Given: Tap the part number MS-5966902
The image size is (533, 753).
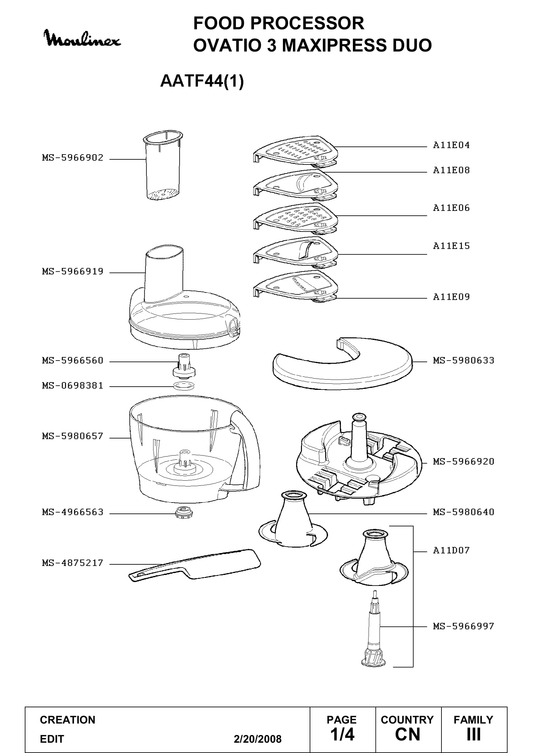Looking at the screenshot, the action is click(x=73, y=158).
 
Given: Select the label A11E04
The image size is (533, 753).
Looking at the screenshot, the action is click(x=451, y=145).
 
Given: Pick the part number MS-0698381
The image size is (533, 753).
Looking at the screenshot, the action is click(x=73, y=386).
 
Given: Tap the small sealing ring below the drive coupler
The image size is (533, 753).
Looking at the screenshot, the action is click(x=184, y=386).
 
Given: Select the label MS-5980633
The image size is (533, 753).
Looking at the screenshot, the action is click(x=463, y=361).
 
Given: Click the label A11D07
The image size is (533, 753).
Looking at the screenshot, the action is click(x=451, y=550).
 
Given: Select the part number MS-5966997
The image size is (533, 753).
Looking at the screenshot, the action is click(x=463, y=626).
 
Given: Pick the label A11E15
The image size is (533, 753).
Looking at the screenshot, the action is click(x=451, y=246).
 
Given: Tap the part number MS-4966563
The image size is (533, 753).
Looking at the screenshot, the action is click(x=73, y=512).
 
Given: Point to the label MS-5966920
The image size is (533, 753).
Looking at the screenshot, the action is click(x=463, y=461).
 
